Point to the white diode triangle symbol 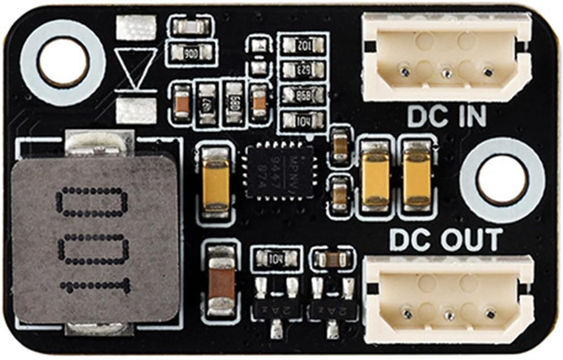[135, 68]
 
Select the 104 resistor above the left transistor [276, 257]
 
